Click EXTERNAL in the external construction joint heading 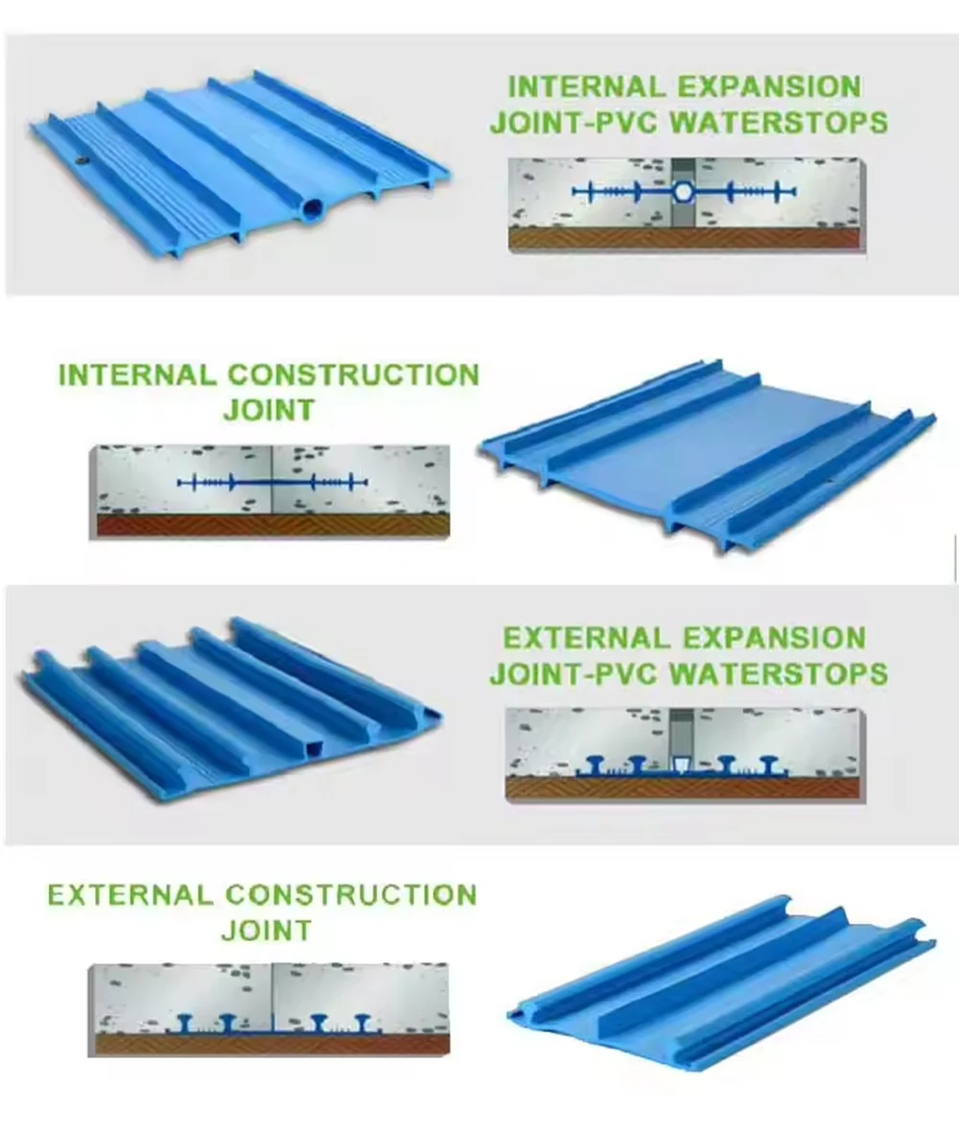tap(130, 895)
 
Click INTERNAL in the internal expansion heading tap(586, 86)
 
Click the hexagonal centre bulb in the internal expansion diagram tap(683, 191)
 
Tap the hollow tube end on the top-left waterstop tap(312, 209)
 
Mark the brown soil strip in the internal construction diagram tap(272, 526)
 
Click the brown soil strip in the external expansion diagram tap(683, 788)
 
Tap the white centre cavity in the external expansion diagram tap(682, 765)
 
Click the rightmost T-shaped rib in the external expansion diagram tap(770, 764)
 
